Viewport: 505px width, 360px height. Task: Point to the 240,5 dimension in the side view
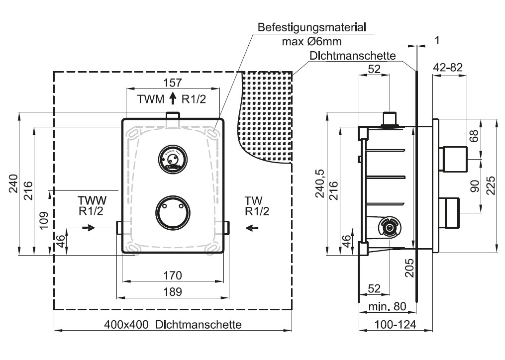tap(320, 183)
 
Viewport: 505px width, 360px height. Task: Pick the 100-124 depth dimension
tap(396, 325)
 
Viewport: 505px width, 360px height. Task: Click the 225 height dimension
tap(490, 185)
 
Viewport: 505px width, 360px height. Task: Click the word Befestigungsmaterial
tap(312, 27)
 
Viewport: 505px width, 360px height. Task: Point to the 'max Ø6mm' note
tap(311, 41)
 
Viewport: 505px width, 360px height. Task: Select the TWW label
tap(92, 200)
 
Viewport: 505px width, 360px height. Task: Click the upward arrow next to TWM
tap(173, 99)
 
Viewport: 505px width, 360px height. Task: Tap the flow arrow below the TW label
tap(253, 228)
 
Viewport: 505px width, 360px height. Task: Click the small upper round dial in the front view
tap(172, 158)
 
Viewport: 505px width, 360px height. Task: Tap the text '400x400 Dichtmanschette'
tap(173, 325)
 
